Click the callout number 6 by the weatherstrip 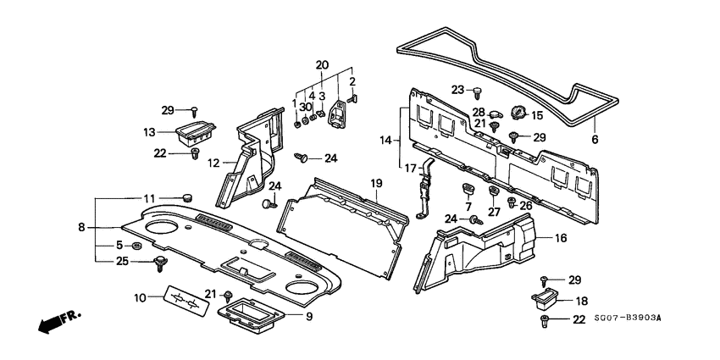tap(594, 140)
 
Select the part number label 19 tap(377, 183)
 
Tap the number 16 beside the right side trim tap(559, 240)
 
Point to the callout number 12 tap(215, 163)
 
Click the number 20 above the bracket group tap(321, 65)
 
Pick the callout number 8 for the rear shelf tap(82, 227)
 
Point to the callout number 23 tap(457, 90)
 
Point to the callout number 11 tap(149, 198)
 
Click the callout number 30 tap(305, 107)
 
